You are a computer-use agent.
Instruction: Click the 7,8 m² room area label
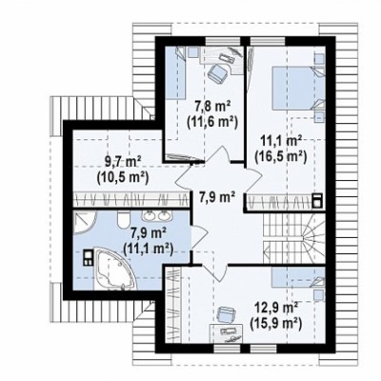[212, 107]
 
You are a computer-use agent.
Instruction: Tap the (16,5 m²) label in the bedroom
[281, 156]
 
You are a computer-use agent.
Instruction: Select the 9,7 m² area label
[123, 163]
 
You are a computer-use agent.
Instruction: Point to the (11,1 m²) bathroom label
[149, 248]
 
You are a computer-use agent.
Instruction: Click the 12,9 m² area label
[276, 308]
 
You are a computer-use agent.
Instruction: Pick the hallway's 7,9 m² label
[217, 197]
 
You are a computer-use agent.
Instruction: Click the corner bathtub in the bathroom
[115, 270]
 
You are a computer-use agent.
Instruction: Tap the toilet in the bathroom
[123, 219]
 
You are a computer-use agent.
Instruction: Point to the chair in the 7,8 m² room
[217, 73]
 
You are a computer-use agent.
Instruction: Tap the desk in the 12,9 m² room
[227, 333]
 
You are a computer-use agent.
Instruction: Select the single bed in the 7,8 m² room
[176, 73]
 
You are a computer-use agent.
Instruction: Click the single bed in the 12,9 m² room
[298, 276]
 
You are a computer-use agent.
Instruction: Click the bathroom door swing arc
[200, 235]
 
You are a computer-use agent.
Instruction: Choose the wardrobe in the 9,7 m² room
[131, 200]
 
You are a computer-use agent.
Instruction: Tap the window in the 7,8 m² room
[223, 41]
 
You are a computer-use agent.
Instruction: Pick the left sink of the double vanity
[149, 216]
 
